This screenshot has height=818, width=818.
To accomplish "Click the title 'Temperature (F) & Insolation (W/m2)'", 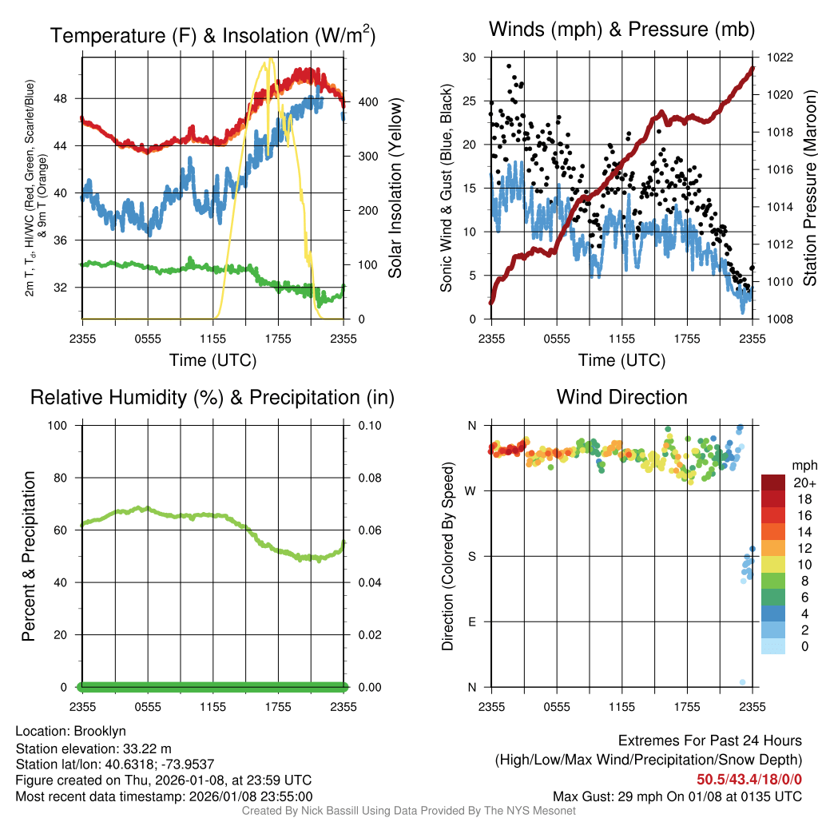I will (212, 36).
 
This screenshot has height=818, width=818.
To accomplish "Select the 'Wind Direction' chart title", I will (621, 397).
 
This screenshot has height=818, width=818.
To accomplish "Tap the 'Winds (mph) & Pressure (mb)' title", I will (621, 30).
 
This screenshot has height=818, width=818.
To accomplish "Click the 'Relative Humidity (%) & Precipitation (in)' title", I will (212, 397).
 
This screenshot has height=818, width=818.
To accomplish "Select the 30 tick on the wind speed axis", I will (470, 58).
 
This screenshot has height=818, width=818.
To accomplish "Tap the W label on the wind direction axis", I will (471, 490).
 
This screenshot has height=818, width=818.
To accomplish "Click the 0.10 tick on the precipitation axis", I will (369, 425).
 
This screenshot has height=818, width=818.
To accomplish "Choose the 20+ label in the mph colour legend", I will (804, 482).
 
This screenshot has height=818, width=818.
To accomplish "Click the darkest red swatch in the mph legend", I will (772, 482).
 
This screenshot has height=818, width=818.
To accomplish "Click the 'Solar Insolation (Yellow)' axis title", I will (395, 189).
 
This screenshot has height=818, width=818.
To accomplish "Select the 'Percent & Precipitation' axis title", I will (28, 556).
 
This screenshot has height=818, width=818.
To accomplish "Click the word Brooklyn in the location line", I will (100, 731).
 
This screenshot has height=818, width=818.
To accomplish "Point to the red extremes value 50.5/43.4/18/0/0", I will (749, 779).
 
